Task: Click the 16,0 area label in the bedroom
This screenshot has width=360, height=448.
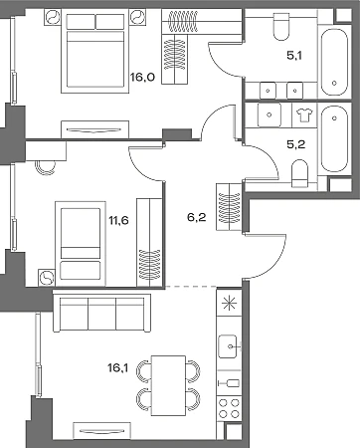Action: click(142, 78)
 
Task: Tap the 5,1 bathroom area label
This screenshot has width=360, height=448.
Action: click(294, 56)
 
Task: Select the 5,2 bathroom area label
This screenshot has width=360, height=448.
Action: click(296, 144)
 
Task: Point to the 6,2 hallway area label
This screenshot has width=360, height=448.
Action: click(197, 217)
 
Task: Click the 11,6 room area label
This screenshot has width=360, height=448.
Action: click(118, 220)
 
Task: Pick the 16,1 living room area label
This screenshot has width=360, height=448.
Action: click(117, 367)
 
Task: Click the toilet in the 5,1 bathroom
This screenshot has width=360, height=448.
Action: click(281, 26)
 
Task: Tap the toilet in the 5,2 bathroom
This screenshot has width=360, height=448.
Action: click(300, 173)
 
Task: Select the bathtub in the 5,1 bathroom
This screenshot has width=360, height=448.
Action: click(334, 62)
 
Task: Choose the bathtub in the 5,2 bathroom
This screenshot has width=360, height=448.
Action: click(334, 138)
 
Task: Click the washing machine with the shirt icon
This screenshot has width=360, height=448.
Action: click(304, 115)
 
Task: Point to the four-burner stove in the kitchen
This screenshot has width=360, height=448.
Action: click(229, 408)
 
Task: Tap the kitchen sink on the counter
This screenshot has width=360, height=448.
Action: click(228, 346)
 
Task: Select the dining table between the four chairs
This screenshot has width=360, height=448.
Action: click(168, 385)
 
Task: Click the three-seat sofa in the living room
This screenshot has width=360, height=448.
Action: click(101, 313)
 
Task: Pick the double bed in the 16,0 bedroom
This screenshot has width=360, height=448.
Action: click(94, 52)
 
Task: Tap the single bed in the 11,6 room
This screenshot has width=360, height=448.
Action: click(81, 244)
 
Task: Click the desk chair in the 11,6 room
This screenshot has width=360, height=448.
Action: click(46, 167)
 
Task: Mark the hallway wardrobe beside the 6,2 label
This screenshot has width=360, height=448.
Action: click(229, 207)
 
